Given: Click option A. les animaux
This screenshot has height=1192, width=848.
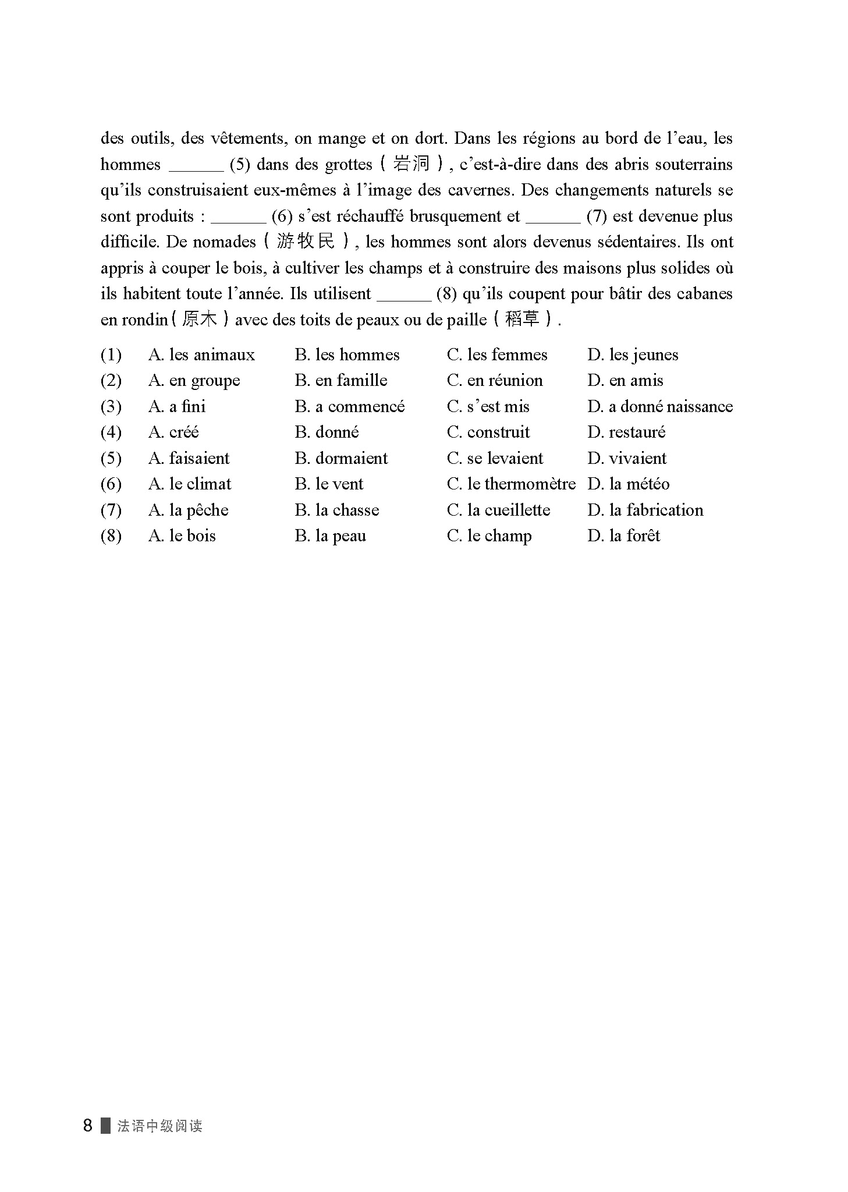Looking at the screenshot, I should point(201,355).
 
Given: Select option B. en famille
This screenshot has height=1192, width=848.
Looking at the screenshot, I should point(341,381).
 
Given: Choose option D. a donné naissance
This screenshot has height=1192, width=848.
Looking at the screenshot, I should point(660,407).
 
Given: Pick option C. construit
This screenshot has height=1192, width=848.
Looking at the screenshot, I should point(488,432).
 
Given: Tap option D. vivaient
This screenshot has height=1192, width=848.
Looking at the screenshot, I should point(627,459).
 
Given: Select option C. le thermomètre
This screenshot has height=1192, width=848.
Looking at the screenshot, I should point(511,484).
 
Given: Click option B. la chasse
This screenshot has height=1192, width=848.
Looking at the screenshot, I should point(337,510).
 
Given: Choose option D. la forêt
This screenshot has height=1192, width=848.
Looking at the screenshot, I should point(623,536).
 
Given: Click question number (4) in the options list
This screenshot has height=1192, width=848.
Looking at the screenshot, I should point(111,432).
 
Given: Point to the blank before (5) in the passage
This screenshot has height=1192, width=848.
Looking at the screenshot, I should point(196,166).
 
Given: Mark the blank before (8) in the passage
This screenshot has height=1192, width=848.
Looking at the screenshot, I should point(404,296).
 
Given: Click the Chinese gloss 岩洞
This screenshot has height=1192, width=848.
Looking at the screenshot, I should point(411,164).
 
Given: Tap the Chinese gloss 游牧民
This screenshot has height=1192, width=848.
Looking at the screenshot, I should point(306,242).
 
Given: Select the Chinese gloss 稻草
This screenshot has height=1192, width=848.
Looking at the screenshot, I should point(522,320).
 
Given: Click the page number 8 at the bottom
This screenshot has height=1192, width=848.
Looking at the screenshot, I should point(88,1126).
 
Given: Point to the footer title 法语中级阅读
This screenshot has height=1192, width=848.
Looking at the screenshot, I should point(160,1126).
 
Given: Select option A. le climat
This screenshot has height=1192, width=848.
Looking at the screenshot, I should point(190,484).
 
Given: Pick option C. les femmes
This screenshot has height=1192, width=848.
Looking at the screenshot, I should point(497,355).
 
